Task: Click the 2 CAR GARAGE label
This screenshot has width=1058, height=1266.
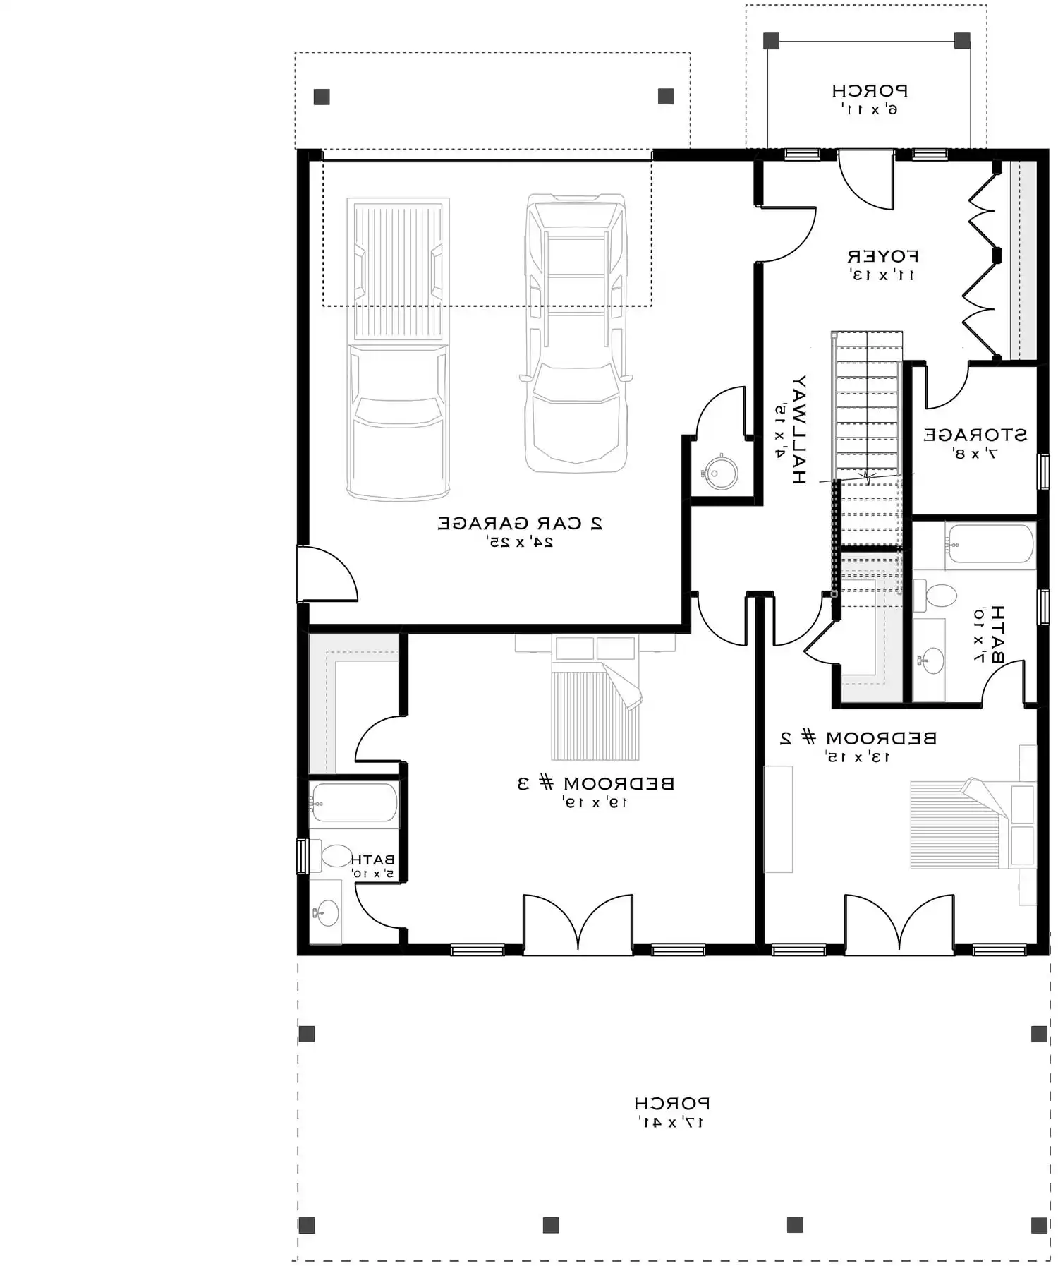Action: (520, 524)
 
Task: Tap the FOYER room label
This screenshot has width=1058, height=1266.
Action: (882, 256)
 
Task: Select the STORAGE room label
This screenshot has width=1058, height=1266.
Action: (975, 435)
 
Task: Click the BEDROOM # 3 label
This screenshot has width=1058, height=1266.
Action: (596, 783)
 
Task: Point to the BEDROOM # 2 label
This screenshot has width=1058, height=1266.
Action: (858, 738)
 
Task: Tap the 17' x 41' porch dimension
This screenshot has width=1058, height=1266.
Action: (671, 1123)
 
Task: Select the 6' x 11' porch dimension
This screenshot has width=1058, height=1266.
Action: (869, 109)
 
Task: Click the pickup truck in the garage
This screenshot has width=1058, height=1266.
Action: (399, 349)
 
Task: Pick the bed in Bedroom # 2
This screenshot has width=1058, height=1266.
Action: (966, 824)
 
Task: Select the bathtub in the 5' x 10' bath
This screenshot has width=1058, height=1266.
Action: (353, 802)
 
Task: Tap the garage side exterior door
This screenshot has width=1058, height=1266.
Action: (326, 574)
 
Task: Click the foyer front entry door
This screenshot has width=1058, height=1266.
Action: (866, 180)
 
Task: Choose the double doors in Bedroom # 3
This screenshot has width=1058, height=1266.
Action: (578, 923)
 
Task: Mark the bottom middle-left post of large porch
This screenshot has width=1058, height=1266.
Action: (551, 1224)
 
